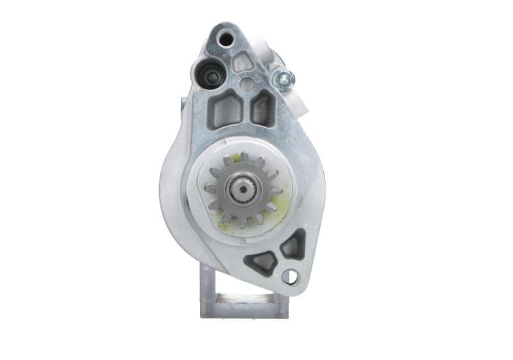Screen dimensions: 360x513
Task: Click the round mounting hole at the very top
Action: tap(226, 39)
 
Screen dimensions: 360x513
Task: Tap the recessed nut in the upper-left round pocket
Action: tap(211, 78)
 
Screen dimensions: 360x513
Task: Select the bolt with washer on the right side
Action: tap(283, 79)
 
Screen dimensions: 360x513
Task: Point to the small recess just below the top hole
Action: tap(242, 62)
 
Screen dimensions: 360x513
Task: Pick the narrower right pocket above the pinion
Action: tap(262, 107)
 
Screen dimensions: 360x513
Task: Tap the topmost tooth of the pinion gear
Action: tap(244, 157)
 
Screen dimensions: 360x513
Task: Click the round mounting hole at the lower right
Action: tap(290, 277)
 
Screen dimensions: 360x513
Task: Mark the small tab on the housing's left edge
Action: tap(183, 103)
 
